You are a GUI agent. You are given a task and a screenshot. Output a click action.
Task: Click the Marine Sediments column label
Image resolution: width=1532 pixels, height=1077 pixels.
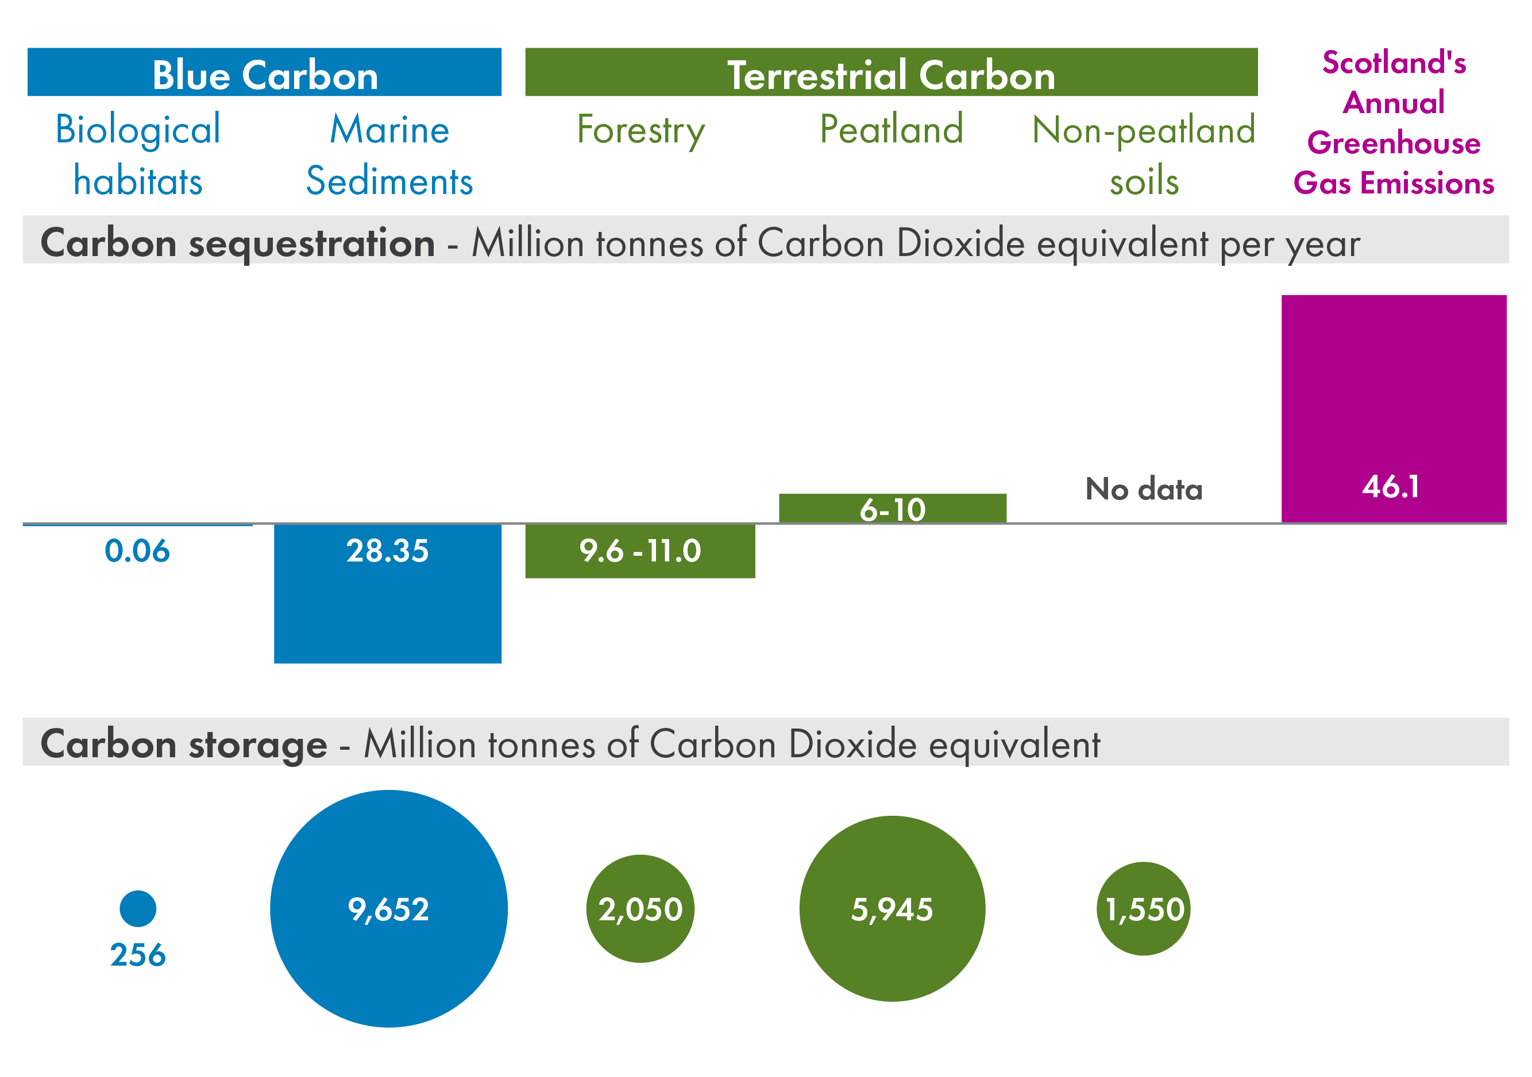[x=389, y=154]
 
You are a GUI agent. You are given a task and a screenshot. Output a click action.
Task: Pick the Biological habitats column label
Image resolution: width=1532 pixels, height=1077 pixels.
[x=137, y=154]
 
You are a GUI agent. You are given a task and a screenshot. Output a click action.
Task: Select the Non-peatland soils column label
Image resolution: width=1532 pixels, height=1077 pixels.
[x=1143, y=154]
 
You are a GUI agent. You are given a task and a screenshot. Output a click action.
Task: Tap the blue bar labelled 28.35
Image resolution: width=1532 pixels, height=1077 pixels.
[x=387, y=594]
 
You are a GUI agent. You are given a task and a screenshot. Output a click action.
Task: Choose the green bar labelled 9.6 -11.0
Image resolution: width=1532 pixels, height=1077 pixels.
[x=640, y=551]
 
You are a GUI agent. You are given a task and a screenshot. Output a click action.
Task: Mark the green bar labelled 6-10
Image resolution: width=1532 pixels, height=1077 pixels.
[x=892, y=508]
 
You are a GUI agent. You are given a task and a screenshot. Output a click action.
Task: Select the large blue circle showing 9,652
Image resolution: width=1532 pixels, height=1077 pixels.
[x=388, y=908]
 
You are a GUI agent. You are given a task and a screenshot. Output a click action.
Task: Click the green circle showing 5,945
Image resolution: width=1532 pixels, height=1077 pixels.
[x=892, y=908]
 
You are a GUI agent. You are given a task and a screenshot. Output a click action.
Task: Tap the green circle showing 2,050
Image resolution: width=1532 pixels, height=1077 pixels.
[x=640, y=908]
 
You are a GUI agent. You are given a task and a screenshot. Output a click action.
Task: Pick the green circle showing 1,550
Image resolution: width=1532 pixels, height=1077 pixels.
[x=1143, y=908]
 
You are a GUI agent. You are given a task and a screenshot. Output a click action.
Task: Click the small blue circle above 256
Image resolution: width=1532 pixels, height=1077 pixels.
[x=137, y=908]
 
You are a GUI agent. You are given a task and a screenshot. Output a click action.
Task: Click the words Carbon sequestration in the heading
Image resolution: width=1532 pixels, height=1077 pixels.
[x=238, y=243]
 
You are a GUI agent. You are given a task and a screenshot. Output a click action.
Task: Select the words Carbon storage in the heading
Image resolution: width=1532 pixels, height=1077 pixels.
[x=183, y=743]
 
